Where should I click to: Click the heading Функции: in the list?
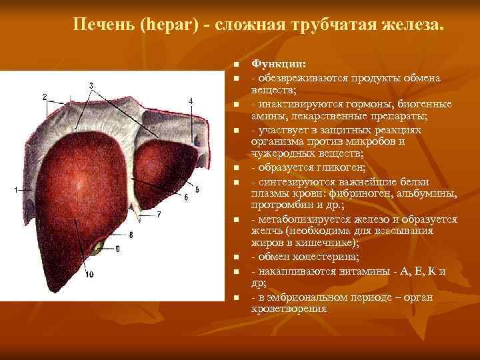(279, 65)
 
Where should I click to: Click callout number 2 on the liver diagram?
(44, 97)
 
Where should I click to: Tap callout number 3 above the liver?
(91, 85)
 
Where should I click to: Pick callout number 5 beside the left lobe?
(195, 183)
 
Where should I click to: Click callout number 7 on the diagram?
(159, 215)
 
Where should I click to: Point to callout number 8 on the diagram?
(131, 234)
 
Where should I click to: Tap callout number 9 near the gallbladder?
(117, 249)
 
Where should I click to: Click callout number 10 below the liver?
(89, 274)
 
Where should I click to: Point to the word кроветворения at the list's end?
(289, 309)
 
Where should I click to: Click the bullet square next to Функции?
(236, 65)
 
